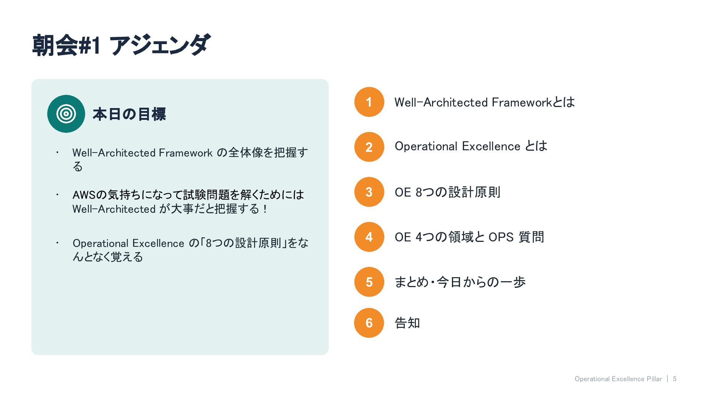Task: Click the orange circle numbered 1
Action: pos(369,102)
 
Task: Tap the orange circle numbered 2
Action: pos(369,147)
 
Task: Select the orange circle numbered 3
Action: pos(369,192)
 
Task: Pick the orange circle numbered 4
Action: pos(369,237)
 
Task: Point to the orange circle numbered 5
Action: pos(369,282)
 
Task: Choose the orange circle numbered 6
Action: pos(369,323)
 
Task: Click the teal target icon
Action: pos(66,114)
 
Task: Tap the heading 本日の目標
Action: pos(129,114)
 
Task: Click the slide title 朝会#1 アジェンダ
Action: pos(121,46)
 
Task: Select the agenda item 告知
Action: pos(407,323)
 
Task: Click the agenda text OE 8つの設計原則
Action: pos(448,192)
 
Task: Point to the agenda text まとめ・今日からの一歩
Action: pos(460,282)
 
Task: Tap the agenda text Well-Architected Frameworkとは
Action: pos(485,102)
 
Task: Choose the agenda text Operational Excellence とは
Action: pos(471,146)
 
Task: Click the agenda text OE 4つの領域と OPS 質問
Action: pos(470,237)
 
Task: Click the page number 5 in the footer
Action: pos(675,379)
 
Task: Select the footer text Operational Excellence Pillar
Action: pos(618,379)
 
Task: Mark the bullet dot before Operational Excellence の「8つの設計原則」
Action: pos(57,243)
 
